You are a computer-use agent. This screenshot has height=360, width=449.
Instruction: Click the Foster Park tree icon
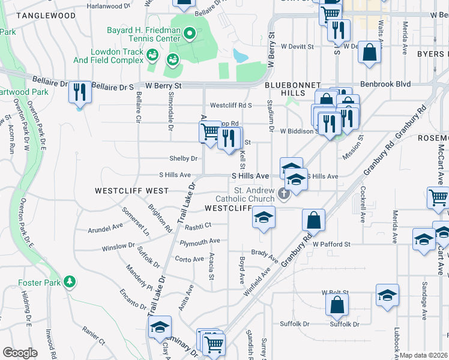pyautogui.click(x=70, y=281)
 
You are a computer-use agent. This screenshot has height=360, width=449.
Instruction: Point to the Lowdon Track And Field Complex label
pyautogui.click(x=117, y=56)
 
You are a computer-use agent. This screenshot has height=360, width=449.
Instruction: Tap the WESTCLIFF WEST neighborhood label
pyautogui.click(x=131, y=190)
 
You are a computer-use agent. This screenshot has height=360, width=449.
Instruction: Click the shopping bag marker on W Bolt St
pyautogui.click(x=337, y=304)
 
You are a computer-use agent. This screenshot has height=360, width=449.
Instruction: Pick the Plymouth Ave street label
pyautogui.click(x=200, y=241)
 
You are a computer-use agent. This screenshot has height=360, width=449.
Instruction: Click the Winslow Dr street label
pyautogui.click(x=118, y=246)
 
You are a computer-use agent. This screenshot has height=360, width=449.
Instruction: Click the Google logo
pyautogui.click(x=20, y=353)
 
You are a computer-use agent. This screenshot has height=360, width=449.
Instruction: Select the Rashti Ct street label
pyautogui.click(x=198, y=226)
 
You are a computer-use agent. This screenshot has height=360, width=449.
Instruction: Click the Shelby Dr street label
pyautogui.click(x=185, y=158)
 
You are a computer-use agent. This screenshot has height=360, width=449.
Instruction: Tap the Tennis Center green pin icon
pyautogui.click(x=190, y=34)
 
